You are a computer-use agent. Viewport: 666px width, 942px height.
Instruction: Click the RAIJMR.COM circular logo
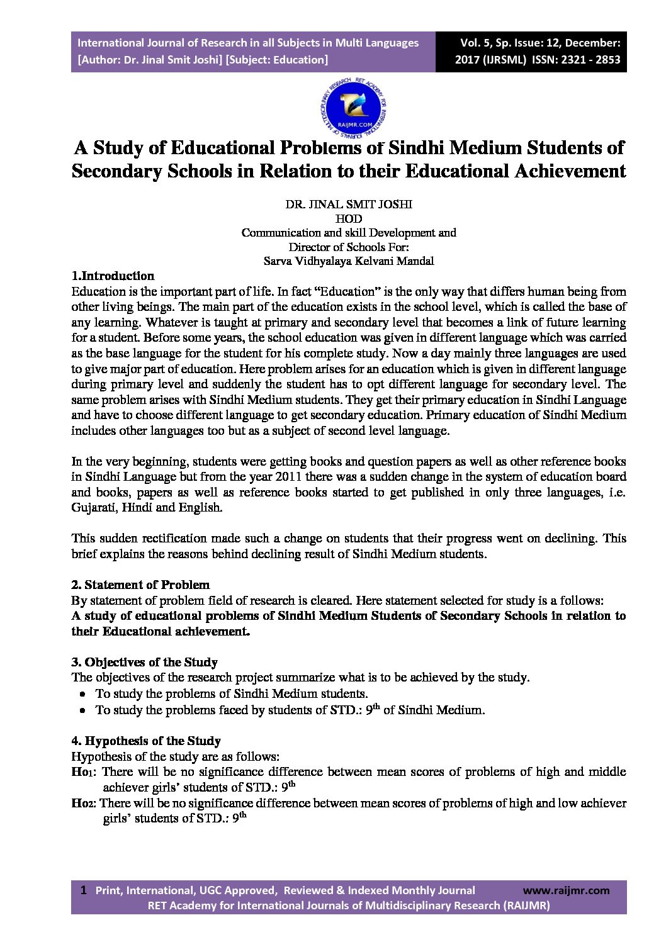353,108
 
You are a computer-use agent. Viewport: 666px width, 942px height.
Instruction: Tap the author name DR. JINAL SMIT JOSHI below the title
349,204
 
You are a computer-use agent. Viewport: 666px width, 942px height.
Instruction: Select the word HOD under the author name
349,218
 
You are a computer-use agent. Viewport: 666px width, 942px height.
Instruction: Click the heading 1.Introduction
113,276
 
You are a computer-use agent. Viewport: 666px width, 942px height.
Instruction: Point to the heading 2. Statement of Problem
140,585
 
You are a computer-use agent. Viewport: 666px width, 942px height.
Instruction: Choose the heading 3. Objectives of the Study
144,662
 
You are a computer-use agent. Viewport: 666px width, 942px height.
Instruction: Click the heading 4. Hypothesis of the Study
146,741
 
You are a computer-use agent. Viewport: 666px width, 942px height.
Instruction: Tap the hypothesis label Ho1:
85,771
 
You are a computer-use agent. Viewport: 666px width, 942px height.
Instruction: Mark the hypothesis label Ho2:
84,803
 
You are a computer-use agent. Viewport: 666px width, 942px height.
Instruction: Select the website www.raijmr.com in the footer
566,890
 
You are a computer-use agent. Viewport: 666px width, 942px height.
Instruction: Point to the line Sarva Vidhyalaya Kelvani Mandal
349,261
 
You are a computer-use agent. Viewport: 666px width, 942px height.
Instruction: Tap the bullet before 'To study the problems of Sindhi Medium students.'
83,693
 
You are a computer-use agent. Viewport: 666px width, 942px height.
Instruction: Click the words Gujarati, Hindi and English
147,507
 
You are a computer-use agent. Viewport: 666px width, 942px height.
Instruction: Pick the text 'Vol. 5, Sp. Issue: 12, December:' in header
540,43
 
